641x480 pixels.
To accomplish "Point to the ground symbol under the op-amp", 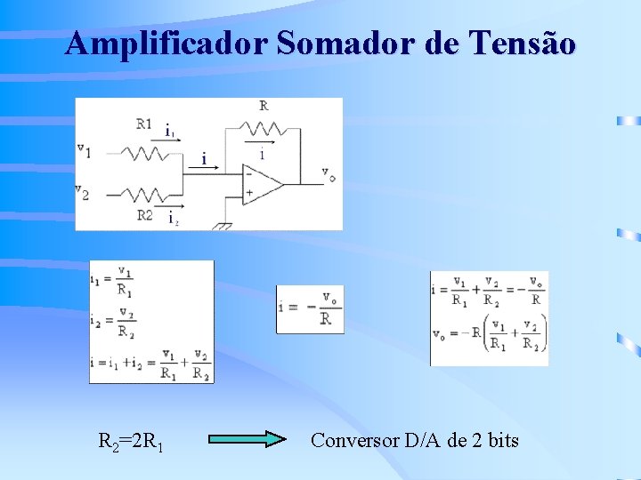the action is (223, 226).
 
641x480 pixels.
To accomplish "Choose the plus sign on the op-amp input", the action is (249, 192).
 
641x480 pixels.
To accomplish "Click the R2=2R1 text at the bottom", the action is (129, 441).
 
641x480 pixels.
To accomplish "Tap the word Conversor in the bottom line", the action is (354, 440).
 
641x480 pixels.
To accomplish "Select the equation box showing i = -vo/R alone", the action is (309, 308).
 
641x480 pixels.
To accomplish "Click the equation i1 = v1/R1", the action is (113, 283).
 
